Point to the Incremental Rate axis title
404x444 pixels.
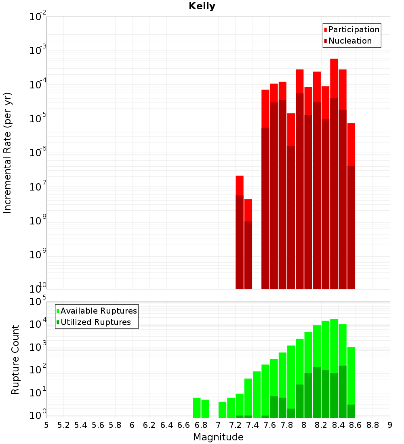point(8,153)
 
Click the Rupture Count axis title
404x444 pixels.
point(15,359)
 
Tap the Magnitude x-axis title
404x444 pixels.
point(218,437)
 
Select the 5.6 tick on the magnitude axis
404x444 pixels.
point(98,425)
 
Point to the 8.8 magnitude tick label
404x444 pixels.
point(372,425)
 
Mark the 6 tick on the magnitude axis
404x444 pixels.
point(132,425)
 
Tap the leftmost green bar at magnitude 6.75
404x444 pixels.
point(197,408)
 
